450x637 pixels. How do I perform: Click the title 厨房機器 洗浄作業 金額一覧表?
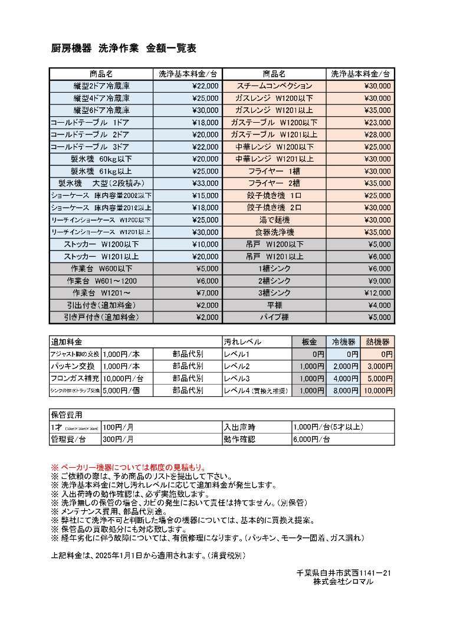pyautogui.click(x=124, y=49)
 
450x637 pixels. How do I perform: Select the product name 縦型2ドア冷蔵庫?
pyautogui.click(x=101, y=86)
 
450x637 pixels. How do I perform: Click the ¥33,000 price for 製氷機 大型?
pyautogui.click(x=206, y=183)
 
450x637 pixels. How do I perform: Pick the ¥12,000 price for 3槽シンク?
pyautogui.click(x=377, y=293)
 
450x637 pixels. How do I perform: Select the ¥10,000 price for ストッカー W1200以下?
pyautogui.click(x=206, y=244)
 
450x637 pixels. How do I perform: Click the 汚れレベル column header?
pyautogui.click(x=242, y=342)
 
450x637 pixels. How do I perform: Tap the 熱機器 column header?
pyautogui.click(x=377, y=342)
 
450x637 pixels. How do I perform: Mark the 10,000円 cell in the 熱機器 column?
pyautogui.click(x=377, y=390)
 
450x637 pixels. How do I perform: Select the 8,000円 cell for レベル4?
pyautogui.click(x=346, y=390)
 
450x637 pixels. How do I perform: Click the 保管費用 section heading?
pyautogui.click(x=66, y=415)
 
